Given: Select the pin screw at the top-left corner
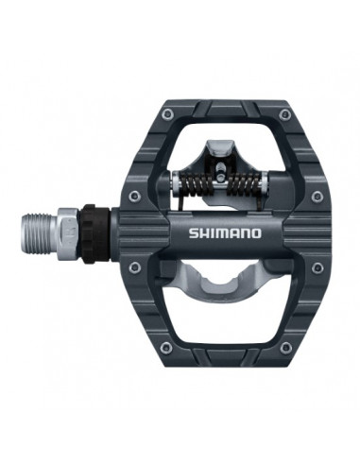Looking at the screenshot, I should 166,114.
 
